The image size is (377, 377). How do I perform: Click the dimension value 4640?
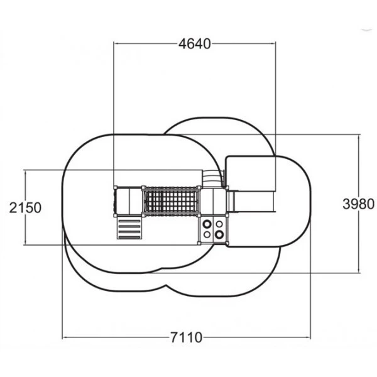[x=195, y=44]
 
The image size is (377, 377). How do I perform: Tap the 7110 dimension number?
[x=187, y=337]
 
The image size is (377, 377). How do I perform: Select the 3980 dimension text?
[x=359, y=204]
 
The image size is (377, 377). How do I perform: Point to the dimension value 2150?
[x=25, y=208]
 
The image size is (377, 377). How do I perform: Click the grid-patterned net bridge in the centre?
[x=171, y=201]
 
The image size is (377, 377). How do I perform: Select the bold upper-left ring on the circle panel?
[x=207, y=224]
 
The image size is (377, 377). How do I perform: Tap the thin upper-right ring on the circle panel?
[x=219, y=224]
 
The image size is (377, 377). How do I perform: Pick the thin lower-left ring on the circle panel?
[x=207, y=234]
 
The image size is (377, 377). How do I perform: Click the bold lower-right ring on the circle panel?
[x=219, y=234]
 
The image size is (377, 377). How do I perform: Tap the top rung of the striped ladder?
[x=129, y=221]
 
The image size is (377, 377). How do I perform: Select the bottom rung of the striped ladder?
[x=129, y=238]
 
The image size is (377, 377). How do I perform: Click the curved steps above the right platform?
[x=212, y=178]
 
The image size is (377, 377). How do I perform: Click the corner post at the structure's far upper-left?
[x=116, y=187]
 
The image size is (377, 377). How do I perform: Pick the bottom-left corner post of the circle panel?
[x=199, y=243]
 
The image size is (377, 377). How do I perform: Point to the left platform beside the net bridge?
[x=129, y=201]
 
